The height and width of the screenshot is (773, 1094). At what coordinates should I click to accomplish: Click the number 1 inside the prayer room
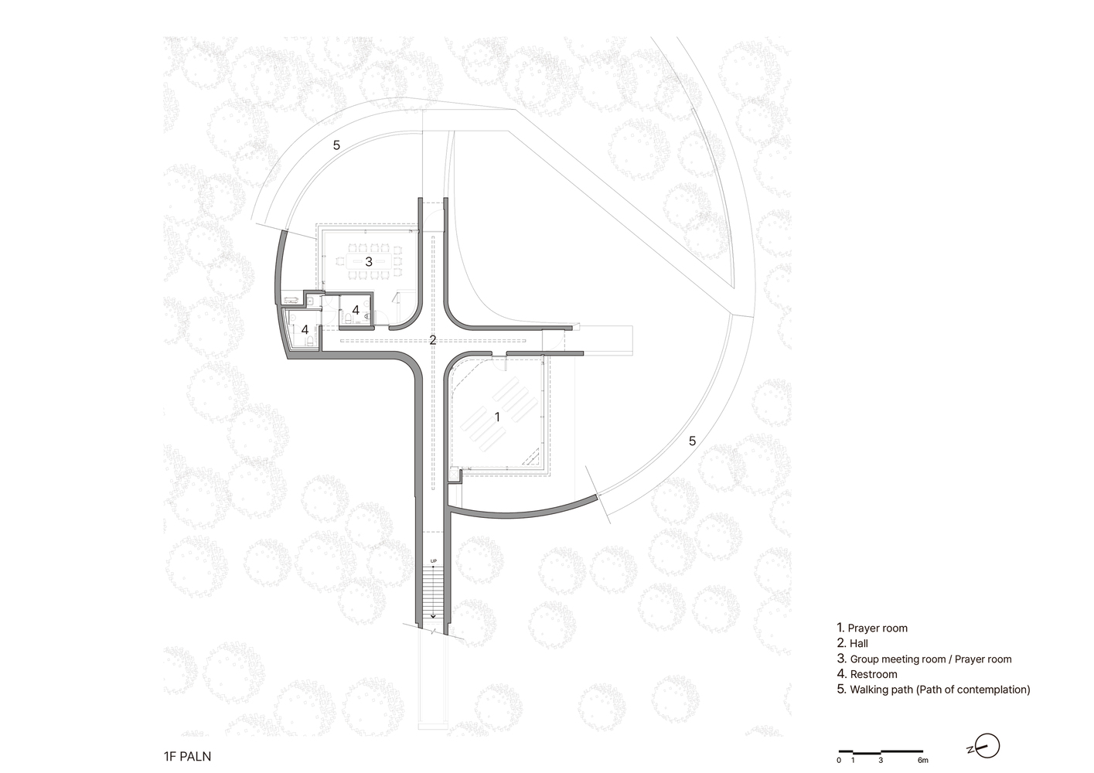pyautogui.click(x=497, y=417)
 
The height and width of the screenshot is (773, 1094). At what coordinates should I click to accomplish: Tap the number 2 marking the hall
pyautogui.click(x=433, y=340)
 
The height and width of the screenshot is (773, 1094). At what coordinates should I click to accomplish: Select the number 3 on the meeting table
pyautogui.click(x=369, y=262)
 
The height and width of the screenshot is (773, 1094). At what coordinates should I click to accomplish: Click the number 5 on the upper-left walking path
pyautogui.click(x=336, y=145)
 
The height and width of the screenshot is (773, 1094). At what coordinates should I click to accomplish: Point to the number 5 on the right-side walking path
pyautogui.click(x=692, y=441)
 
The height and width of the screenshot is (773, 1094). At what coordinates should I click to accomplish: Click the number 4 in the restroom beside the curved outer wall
pyautogui.click(x=305, y=329)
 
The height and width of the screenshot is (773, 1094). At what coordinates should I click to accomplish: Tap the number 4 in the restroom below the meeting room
pyautogui.click(x=356, y=310)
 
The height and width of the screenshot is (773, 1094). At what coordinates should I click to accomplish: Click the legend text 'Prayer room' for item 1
pyautogui.click(x=878, y=628)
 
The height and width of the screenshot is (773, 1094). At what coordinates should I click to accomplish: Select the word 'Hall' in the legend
pyautogui.click(x=859, y=644)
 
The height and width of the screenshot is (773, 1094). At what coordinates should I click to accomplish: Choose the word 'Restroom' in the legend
pyautogui.click(x=874, y=674)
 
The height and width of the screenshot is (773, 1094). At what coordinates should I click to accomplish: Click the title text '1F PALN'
pyautogui.click(x=188, y=757)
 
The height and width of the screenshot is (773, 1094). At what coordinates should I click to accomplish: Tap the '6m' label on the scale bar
pyautogui.click(x=922, y=761)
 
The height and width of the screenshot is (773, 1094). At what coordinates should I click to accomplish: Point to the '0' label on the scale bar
pyautogui.click(x=839, y=761)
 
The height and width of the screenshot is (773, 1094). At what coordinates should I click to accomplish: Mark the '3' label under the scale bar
pyautogui.click(x=881, y=761)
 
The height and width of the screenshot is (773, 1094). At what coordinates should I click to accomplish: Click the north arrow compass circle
pyautogui.click(x=987, y=747)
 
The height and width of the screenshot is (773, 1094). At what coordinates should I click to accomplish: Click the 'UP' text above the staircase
pyautogui.click(x=433, y=560)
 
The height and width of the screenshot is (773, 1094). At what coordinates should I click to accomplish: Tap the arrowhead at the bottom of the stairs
pyautogui.click(x=433, y=617)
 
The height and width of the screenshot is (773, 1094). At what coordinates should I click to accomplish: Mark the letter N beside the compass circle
pyautogui.click(x=970, y=750)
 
